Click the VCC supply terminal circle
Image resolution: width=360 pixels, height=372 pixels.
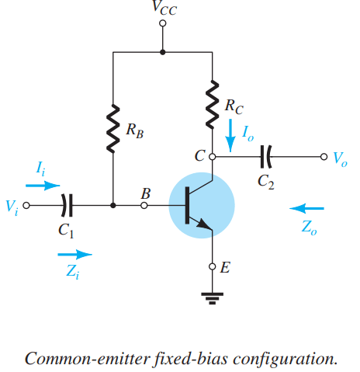(x=162, y=23)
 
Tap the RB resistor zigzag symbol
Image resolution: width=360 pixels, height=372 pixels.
(x=113, y=129)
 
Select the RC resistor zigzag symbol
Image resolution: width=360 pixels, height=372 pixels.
(x=213, y=105)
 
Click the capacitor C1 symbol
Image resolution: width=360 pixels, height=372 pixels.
(x=67, y=205)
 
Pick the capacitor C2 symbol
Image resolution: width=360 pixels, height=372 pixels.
(x=266, y=157)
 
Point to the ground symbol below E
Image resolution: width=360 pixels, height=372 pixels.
(x=213, y=298)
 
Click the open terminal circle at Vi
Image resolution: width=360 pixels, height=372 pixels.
(x=26, y=206)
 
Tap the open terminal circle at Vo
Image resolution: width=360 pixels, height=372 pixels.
(x=324, y=157)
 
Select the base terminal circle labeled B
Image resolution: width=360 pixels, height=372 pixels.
(x=144, y=206)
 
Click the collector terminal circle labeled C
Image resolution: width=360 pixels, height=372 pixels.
(x=213, y=157)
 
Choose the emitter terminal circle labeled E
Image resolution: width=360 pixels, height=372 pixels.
(x=213, y=266)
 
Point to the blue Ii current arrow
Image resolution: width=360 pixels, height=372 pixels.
(x=43, y=186)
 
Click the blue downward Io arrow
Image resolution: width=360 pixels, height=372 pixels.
(x=230, y=135)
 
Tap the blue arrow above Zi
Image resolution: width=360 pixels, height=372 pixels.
(x=74, y=255)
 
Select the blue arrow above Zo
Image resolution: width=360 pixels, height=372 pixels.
(x=306, y=208)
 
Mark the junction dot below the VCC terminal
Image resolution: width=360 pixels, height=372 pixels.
(x=162, y=52)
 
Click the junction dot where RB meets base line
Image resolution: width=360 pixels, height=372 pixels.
(x=113, y=206)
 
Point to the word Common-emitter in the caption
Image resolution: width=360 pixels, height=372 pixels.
(x=88, y=359)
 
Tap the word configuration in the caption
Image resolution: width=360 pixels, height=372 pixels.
(x=286, y=360)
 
